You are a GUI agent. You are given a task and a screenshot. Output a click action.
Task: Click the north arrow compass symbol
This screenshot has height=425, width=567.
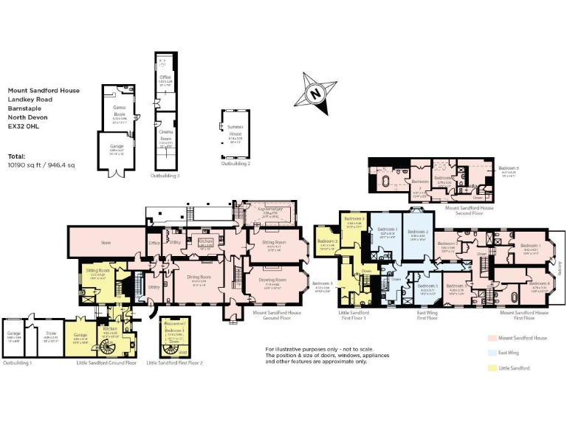(x=315, y=93)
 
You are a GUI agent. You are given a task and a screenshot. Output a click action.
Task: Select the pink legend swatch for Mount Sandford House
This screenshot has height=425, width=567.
(x=491, y=337)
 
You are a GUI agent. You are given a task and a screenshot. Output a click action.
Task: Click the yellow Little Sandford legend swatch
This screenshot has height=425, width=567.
(x=491, y=367)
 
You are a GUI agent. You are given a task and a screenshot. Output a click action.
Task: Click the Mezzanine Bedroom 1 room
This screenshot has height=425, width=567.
(x=174, y=333)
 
